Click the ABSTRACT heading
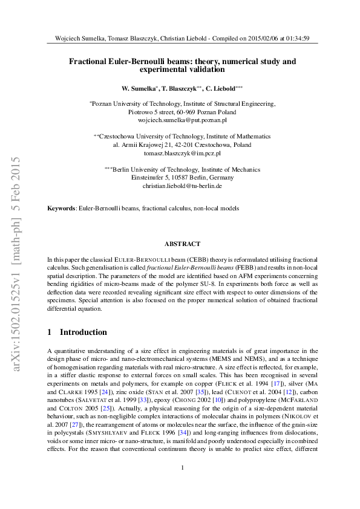point(182,244)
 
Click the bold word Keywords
point(62,209)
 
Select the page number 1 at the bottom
point(182,485)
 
